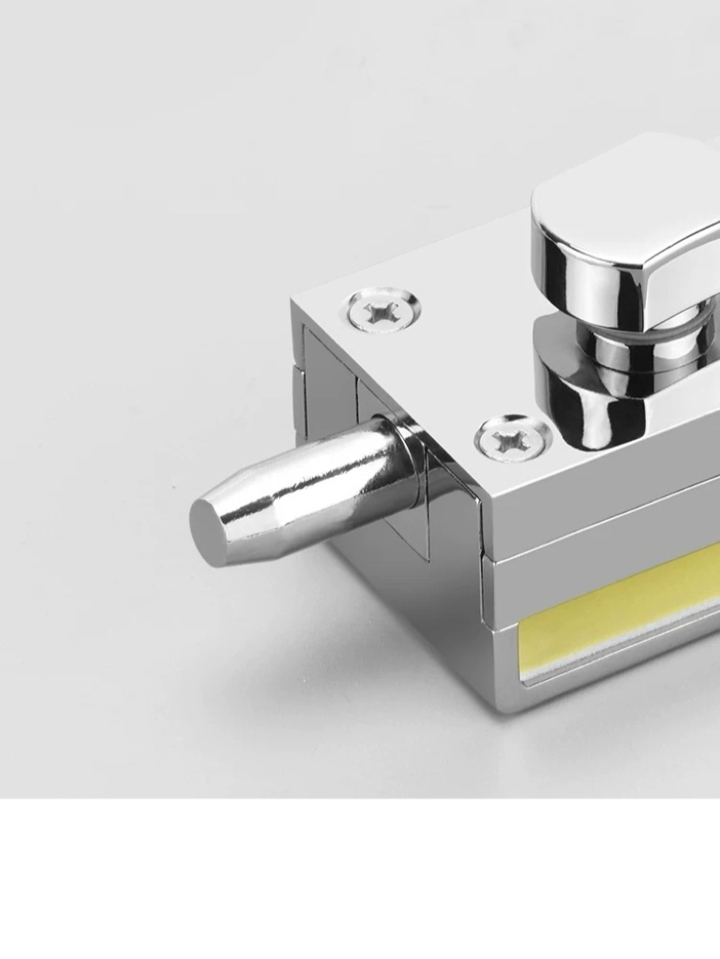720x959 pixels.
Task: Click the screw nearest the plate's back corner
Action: coord(382,310)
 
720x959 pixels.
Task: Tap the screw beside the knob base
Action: coord(512,437)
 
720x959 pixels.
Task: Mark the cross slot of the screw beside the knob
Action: coord(512,437)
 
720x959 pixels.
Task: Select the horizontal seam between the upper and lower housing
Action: coord(600,542)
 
